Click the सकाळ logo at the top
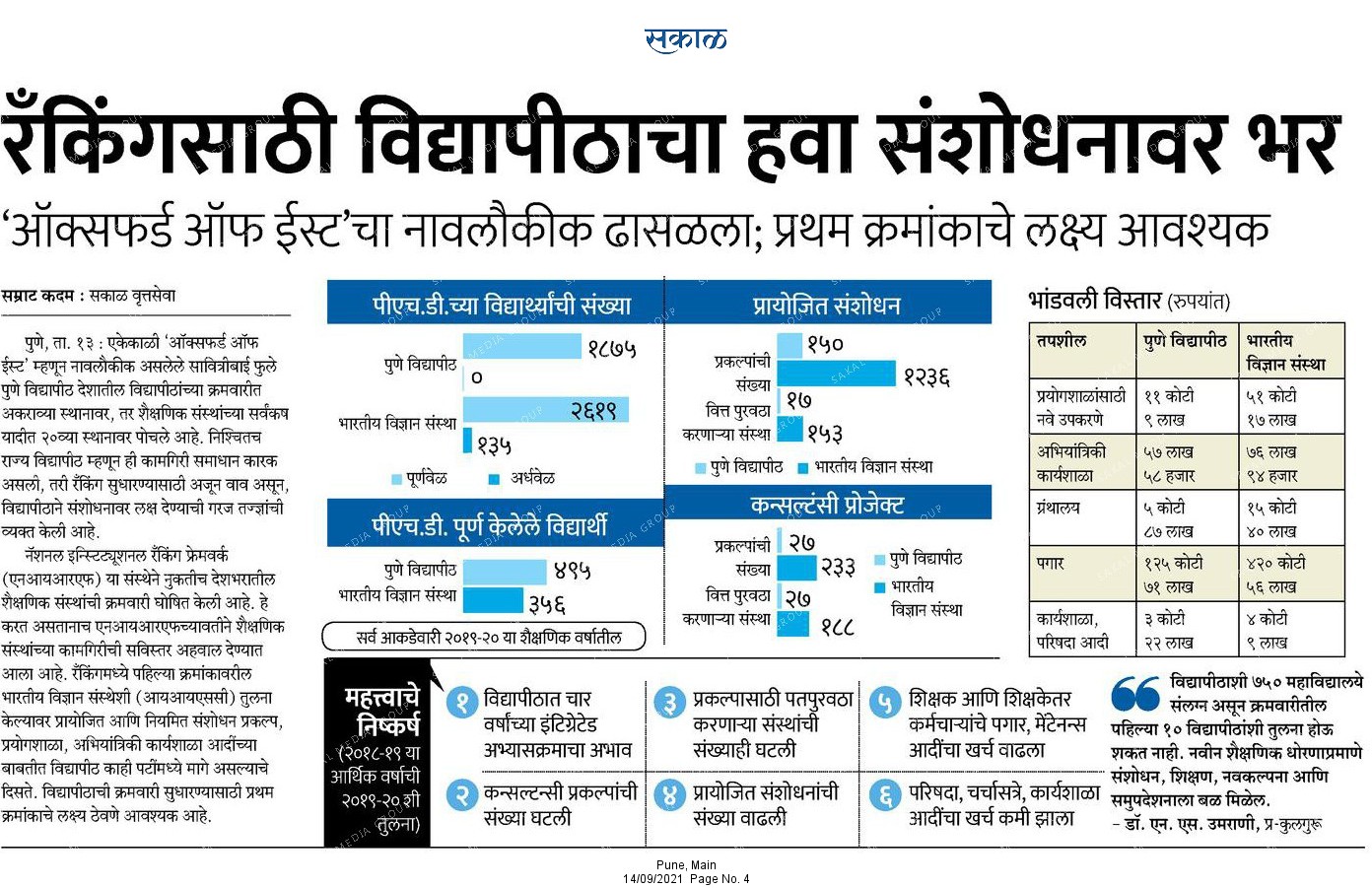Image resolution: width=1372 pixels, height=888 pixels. [x=685, y=39]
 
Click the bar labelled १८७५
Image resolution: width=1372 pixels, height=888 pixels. [x=521, y=346]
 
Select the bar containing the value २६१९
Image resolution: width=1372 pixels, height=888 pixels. [x=546, y=410]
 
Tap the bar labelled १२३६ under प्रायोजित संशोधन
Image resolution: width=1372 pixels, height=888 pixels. [x=836, y=373]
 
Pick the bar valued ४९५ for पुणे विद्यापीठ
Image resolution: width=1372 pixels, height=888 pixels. [x=505, y=572]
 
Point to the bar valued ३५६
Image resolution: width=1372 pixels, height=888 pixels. [x=493, y=601]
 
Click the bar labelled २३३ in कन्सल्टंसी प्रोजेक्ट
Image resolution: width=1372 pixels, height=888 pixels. [x=796, y=568]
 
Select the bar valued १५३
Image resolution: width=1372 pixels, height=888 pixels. [x=790, y=429]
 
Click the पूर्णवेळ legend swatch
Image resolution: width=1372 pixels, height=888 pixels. [x=397, y=479]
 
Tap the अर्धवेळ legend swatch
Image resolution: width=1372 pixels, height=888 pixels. [x=494, y=479]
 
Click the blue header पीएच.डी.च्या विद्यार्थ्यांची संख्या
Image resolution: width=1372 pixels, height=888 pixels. [x=496, y=303]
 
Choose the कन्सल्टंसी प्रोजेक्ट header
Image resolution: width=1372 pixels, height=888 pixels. [x=828, y=503]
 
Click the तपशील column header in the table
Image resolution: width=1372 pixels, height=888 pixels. [x=1061, y=340]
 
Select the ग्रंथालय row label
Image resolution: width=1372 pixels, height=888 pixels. [x=1058, y=508]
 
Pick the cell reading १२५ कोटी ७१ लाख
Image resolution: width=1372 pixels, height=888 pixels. [x=1174, y=575]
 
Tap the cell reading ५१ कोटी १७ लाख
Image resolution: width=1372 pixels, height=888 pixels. [x=1271, y=408]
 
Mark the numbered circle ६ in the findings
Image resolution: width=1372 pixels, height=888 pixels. [x=885, y=796]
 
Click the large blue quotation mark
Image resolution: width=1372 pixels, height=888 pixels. [x=1135, y=693]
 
